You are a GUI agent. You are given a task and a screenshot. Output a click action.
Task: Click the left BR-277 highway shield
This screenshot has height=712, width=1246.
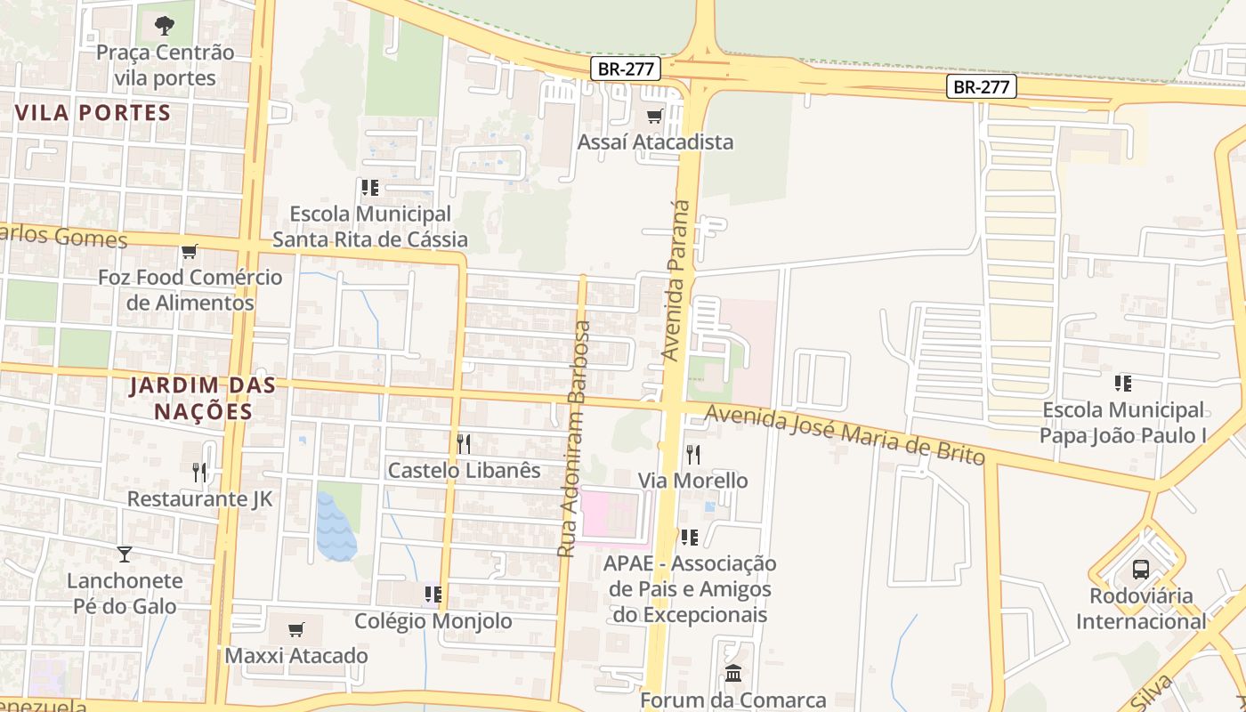coord(625,69)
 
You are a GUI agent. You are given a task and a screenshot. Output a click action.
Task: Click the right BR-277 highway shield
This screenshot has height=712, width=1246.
coord(980,87)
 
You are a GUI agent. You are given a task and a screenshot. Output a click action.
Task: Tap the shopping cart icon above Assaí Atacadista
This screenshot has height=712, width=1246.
coord(655,117)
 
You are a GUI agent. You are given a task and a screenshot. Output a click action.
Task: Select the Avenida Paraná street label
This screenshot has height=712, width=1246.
coord(677,280)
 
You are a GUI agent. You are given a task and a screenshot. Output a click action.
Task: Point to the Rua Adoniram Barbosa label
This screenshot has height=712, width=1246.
coord(574,439)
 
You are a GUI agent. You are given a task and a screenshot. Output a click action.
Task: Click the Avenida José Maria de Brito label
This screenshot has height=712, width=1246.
coord(845,434)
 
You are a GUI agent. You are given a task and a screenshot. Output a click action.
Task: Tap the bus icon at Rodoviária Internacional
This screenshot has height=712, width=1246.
coord(1140,570)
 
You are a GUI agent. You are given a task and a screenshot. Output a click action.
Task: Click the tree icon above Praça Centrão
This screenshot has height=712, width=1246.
coord(165,26)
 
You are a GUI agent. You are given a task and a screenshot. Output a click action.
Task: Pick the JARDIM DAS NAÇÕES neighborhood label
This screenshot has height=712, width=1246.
coord(203,399)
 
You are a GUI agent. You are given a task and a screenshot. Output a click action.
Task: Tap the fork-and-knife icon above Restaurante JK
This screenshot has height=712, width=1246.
coord(199,472)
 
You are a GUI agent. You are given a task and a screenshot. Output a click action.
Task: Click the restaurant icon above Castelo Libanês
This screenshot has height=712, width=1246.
coord(464,443)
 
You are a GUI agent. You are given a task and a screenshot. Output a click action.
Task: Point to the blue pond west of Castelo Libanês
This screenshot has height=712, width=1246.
coord(336,527)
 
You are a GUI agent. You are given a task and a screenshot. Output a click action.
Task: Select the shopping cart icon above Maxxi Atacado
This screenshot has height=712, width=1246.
coord(296,630)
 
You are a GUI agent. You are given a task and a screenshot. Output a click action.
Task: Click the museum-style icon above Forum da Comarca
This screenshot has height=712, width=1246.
coord(732,673)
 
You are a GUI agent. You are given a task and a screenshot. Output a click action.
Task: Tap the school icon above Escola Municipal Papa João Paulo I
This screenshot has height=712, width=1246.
coord(1123,384)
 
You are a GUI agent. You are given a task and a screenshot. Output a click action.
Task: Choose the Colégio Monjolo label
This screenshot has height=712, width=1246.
coord(433,621)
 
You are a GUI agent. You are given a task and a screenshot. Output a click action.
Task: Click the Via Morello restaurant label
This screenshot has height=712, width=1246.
coord(693,481)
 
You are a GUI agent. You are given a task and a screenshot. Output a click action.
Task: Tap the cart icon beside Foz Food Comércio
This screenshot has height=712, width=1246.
coord(189,252)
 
